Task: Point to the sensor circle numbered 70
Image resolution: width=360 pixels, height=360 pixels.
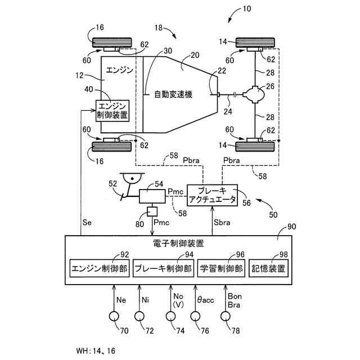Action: tap(114, 316)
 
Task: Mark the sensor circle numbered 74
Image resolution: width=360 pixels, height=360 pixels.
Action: tap(170, 316)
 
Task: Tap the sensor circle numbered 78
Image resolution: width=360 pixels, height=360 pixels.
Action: tap(225, 316)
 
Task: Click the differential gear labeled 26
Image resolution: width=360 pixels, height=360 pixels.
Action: tap(255, 94)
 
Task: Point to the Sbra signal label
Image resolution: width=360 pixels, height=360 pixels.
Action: tap(222, 223)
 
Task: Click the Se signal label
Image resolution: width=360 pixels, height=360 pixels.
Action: tap(87, 223)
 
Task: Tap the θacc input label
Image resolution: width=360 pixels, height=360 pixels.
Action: tap(205, 300)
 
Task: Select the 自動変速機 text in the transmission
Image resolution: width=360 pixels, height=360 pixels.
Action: tap(173, 94)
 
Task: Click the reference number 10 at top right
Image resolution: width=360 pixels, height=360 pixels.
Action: tap(247, 9)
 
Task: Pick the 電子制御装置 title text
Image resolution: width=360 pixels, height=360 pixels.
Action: tap(178, 244)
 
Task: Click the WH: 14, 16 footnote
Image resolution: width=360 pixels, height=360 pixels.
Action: tap(96, 350)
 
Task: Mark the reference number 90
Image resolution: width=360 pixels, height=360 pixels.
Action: tap(292, 227)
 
